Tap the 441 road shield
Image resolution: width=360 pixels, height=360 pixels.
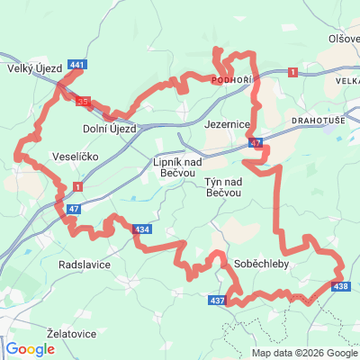77,65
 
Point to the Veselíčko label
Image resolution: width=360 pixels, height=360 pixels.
75,155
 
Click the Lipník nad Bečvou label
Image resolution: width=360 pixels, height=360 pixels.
175,166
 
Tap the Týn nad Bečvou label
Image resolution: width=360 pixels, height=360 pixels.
217,187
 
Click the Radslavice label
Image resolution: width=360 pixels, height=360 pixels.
84,266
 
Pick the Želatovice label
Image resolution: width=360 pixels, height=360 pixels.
71,333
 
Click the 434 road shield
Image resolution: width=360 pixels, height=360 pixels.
141,229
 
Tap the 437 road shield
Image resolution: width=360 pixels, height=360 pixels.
217,300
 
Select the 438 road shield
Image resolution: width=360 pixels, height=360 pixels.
339,286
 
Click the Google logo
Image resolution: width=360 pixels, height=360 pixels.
29,348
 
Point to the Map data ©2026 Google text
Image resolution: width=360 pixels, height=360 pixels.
303,353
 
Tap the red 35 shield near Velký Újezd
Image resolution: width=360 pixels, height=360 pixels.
83,102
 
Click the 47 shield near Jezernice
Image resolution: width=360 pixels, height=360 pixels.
257,142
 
